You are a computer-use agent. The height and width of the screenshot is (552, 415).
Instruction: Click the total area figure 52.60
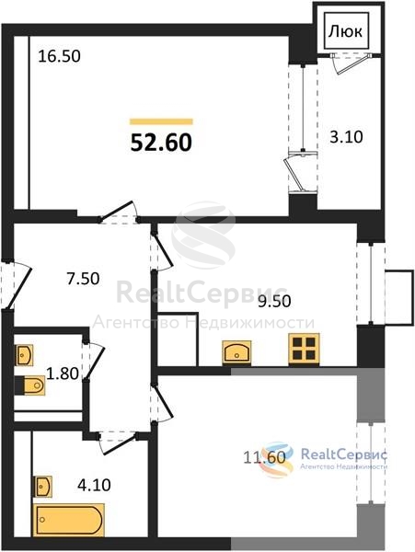pyautogui.click(x=161, y=143)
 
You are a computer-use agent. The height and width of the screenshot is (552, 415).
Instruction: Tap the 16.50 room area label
pyautogui.click(x=59, y=56)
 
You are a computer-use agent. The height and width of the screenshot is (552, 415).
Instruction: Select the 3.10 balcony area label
pyautogui.click(x=346, y=137)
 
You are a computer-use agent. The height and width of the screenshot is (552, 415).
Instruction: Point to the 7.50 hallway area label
pyautogui.click(x=84, y=279)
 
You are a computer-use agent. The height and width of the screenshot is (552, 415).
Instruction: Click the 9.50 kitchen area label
pyautogui.click(x=274, y=302)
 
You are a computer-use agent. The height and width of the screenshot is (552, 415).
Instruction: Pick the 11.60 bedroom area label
pyautogui.click(x=264, y=457)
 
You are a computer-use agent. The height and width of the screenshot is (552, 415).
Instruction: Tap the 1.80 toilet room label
pyautogui.click(x=63, y=374)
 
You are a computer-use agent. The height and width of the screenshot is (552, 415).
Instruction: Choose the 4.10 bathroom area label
pyautogui.click(x=94, y=485)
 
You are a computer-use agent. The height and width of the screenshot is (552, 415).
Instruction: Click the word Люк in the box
pyautogui.click(x=345, y=32)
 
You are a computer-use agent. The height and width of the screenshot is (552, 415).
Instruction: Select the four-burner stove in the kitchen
pyautogui.click(x=304, y=350)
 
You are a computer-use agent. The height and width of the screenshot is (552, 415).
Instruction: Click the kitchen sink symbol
pyautogui.click(x=236, y=352)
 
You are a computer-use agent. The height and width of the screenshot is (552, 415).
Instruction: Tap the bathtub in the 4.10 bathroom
pyautogui.click(x=69, y=520)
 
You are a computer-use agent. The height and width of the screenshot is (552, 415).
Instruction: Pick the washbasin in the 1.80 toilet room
pyautogui.click(x=24, y=355)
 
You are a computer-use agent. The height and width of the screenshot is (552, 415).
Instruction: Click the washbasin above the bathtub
pyautogui.click(x=43, y=487)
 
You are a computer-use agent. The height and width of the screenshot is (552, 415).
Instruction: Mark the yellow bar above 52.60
pyautogui.click(x=161, y=121)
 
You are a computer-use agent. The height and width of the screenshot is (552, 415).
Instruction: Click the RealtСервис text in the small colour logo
pyautogui.click(x=344, y=454)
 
